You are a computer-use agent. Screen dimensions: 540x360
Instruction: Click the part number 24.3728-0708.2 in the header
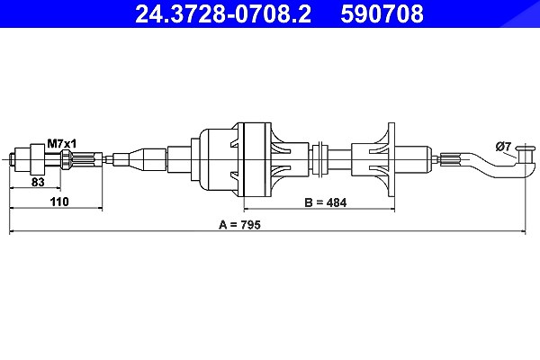(x=223, y=13)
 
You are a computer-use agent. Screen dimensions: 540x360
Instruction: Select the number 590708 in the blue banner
(x=382, y=13)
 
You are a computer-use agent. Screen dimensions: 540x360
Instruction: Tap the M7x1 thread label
(x=62, y=144)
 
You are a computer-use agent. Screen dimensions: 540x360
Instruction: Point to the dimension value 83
(x=38, y=182)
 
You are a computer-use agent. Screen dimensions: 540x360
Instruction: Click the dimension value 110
(x=59, y=202)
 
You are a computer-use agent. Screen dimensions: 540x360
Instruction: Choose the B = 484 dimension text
(x=326, y=202)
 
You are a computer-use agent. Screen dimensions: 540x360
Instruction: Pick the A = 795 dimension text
(x=239, y=225)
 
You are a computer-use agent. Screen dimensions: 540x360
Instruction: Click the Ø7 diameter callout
(x=503, y=147)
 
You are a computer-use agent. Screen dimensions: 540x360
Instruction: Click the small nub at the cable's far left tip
(x=12, y=159)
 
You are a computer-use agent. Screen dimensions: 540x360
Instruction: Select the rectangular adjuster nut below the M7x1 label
(x=38, y=159)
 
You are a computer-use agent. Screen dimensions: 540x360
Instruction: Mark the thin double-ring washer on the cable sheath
(x=321, y=159)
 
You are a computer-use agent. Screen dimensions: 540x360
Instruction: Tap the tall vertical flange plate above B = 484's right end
(x=391, y=159)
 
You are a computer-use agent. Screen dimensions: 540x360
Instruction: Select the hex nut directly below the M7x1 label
(x=66, y=159)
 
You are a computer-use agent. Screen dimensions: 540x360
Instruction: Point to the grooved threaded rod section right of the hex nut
(x=86, y=159)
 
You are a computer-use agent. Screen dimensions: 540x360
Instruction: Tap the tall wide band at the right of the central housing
(x=255, y=159)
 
